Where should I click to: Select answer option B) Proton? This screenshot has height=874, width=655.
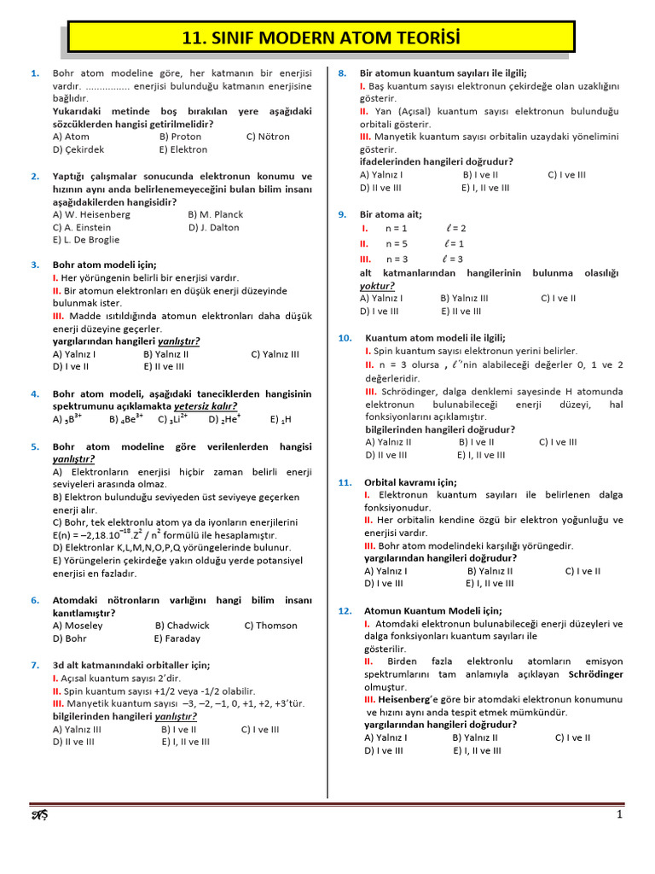tap(180, 137)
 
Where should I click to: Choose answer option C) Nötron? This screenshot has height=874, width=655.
tap(268, 137)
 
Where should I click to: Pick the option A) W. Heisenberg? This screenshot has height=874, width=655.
tap(91, 215)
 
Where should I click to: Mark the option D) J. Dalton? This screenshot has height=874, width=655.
tap(214, 228)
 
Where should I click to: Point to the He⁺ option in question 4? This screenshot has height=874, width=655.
tap(225, 419)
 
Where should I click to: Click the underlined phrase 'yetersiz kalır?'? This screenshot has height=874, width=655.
tap(206, 406)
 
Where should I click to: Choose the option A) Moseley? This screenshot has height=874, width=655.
tap(78, 626)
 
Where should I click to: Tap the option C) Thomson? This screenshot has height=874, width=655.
tap(270, 626)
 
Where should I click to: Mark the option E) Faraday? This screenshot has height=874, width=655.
tap(177, 638)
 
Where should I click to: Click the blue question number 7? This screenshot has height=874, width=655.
tap(35, 665)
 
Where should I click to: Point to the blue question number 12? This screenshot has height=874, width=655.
tap(345, 611)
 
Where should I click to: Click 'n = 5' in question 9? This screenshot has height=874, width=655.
tap(397, 244)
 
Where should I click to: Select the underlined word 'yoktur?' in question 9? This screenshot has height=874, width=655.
tap(377, 286)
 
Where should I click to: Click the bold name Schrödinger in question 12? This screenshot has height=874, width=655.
tap(589, 674)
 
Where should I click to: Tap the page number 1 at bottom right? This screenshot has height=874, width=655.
tap(620, 815)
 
